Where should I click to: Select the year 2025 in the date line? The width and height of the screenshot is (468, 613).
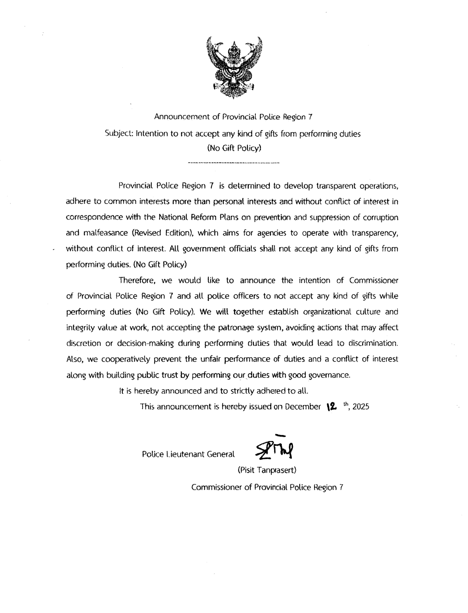[361, 407]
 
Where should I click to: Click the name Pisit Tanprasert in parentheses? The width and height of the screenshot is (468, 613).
[267, 470]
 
